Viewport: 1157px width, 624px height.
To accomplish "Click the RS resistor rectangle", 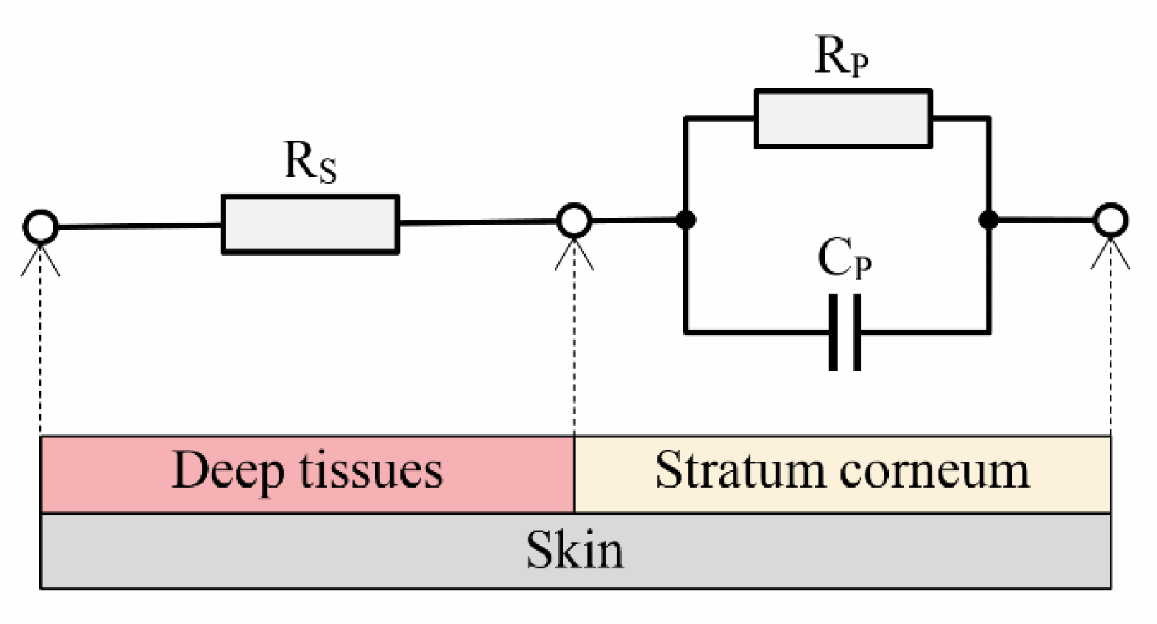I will point(310,224).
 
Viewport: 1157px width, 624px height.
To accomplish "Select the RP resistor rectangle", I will point(843,118).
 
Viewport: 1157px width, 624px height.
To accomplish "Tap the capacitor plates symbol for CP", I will point(845,332).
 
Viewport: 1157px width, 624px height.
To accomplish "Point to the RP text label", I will point(841,56).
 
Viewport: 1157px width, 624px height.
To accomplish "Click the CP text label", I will point(844,259).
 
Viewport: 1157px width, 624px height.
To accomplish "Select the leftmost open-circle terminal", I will point(40,227).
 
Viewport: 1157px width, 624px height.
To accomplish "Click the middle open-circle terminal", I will point(574,220).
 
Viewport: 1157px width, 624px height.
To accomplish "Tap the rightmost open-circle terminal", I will point(1110,220).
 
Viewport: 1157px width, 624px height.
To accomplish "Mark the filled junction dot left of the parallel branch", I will point(686,220).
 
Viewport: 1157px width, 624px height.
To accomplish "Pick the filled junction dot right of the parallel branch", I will point(989,220).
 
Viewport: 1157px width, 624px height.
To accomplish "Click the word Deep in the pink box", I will point(228,472).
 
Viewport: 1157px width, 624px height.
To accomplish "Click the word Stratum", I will point(739,470).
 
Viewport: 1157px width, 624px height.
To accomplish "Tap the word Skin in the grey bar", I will point(574,551).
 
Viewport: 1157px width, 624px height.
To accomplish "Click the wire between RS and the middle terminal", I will point(479,223).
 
